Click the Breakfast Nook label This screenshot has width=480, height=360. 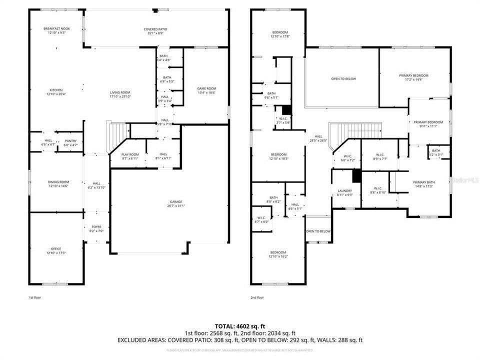[x=56, y=29]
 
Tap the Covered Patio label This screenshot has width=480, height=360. [x=155, y=29]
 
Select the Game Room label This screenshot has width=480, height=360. [x=206, y=88]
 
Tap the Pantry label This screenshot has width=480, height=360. [x=70, y=141]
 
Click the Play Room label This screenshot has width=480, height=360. [x=130, y=154]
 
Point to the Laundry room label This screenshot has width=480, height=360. [x=344, y=190]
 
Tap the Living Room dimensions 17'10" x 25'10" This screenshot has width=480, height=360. [x=120, y=96]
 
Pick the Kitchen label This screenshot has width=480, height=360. [x=56, y=90]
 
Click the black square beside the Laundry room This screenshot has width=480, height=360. [x=356, y=176]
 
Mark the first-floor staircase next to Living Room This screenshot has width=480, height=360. [x=117, y=137]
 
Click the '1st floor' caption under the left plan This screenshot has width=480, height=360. [x=34, y=297]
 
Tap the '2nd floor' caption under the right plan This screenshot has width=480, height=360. [x=256, y=297]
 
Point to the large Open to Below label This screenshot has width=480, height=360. [x=343, y=78]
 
